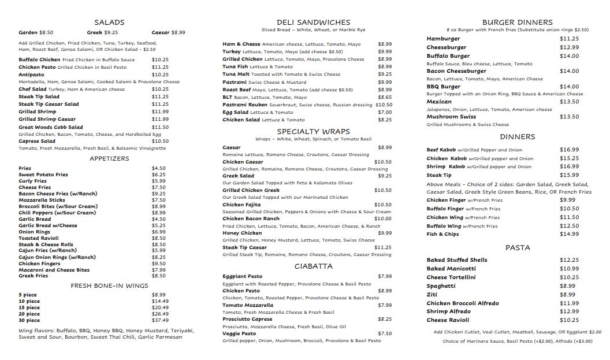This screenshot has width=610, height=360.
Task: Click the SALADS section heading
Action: [109, 23]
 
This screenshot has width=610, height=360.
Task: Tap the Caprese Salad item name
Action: [37, 141]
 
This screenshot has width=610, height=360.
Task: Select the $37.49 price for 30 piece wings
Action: [160, 320]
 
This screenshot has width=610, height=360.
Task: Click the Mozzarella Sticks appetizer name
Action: [42, 200]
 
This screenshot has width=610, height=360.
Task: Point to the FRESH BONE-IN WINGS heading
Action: [109, 285]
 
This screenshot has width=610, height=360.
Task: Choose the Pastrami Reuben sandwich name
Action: [245, 105]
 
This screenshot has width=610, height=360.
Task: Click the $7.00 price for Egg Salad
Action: [385, 112]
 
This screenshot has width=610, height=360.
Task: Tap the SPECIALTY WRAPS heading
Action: [314, 131]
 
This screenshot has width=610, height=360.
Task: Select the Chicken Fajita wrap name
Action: [242, 205]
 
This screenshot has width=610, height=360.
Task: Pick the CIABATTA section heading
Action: [313, 266]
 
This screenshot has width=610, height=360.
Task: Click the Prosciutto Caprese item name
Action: [247, 319]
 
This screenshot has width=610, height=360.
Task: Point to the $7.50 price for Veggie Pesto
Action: [385, 333]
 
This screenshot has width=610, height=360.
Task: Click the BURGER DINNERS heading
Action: [517, 23]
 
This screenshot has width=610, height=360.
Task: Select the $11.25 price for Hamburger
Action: [569, 39]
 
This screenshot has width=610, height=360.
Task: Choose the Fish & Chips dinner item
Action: [442, 234]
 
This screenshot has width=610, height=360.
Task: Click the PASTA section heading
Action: [517, 248]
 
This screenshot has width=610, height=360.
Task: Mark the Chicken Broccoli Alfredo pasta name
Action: [463, 303]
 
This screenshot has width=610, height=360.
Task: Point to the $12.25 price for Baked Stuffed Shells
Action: [569, 260]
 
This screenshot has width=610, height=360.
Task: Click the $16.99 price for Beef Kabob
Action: [569, 150]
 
